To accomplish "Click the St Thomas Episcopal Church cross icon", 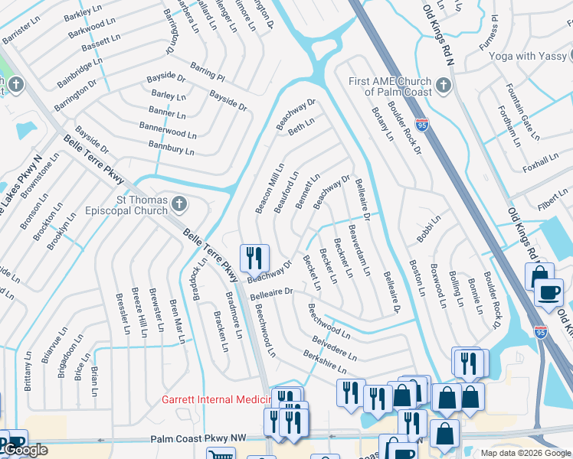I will coord(178,204).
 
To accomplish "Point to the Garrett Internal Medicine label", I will coord(217,399).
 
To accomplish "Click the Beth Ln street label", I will coord(301,126).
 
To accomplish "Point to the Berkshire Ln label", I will coord(326,362).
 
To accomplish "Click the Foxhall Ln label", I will coord(539,162).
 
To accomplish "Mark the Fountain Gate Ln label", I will coord(523,106).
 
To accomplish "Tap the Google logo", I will coord(26,450).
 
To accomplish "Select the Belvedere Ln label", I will coord(336,348).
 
